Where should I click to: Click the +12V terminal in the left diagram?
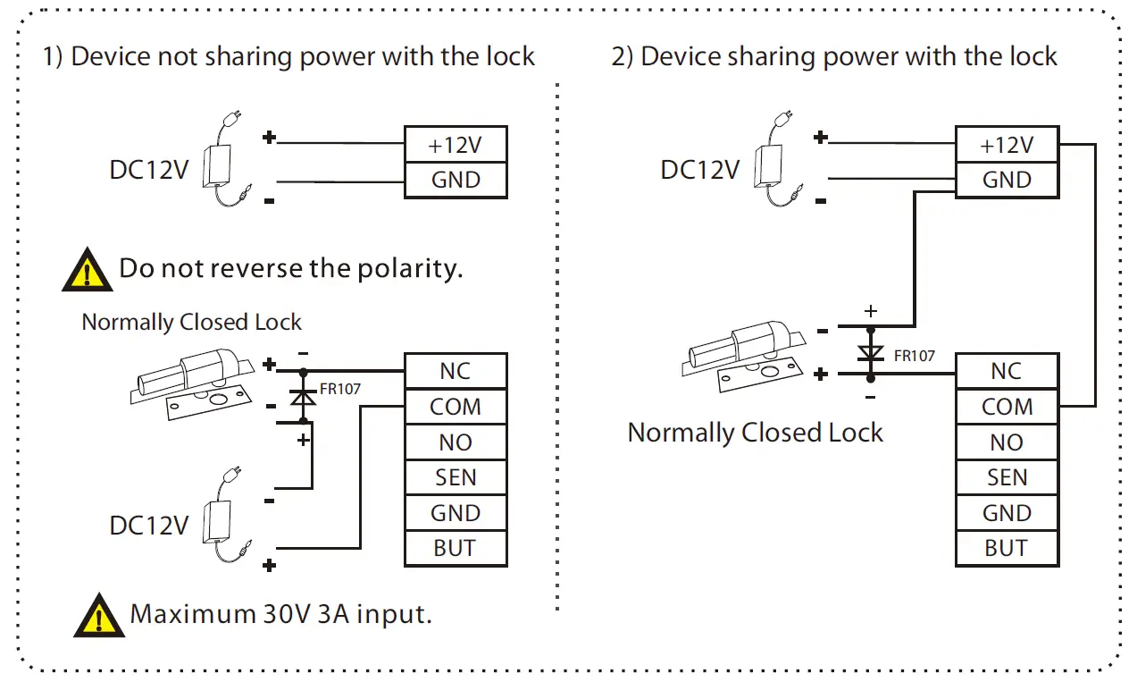click(x=456, y=144)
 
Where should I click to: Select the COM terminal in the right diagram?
click(x=1007, y=407)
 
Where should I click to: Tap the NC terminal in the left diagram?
click(x=456, y=371)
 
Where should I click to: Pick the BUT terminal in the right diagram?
click(x=1007, y=548)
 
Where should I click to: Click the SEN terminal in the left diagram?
click(x=456, y=477)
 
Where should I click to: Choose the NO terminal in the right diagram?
click(x=1007, y=442)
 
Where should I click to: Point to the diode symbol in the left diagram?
click(x=305, y=396)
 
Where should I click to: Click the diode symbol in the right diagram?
click(x=870, y=353)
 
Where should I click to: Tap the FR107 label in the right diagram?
click(x=914, y=356)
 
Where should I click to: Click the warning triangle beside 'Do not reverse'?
click(x=87, y=271)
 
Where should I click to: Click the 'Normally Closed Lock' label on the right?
click(x=755, y=433)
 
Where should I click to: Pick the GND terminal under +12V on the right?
click(x=1007, y=180)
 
